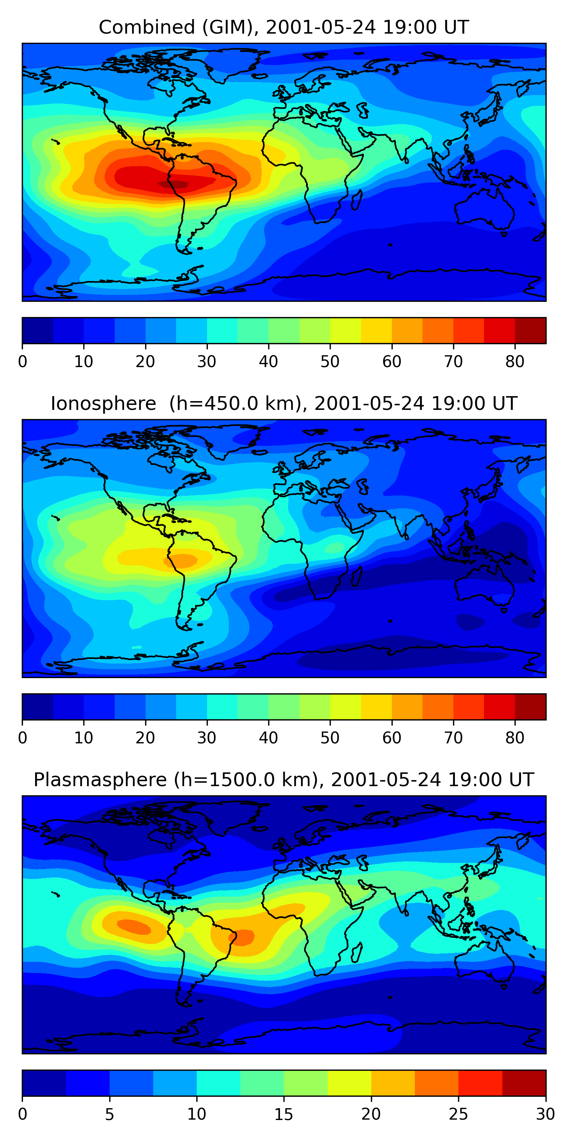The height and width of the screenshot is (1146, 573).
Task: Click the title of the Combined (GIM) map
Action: point(284,28)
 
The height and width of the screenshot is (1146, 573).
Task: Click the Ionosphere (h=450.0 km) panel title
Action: point(284,404)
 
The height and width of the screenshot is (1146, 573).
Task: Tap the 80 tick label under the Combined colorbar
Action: point(515,362)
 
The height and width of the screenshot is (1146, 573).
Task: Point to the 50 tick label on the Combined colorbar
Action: point(330,362)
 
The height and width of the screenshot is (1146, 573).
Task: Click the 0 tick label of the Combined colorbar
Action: point(23,362)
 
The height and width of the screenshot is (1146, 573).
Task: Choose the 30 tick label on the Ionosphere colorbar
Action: point(207,738)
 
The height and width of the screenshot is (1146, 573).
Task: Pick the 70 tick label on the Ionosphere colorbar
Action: point(453,738)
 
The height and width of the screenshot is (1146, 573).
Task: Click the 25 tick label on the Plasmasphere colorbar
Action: point(458,1114)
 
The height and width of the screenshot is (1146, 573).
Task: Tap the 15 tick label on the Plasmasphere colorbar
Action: point(284,1114)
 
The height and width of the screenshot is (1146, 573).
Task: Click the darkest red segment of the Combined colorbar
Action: point(530,330)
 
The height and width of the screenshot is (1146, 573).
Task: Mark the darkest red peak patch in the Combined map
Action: point(173,184)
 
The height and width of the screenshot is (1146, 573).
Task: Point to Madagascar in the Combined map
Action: point(357,200)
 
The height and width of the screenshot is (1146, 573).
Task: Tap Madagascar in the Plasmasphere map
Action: point(357,952)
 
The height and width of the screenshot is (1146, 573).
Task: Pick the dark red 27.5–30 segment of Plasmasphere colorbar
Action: point(524,1083)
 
